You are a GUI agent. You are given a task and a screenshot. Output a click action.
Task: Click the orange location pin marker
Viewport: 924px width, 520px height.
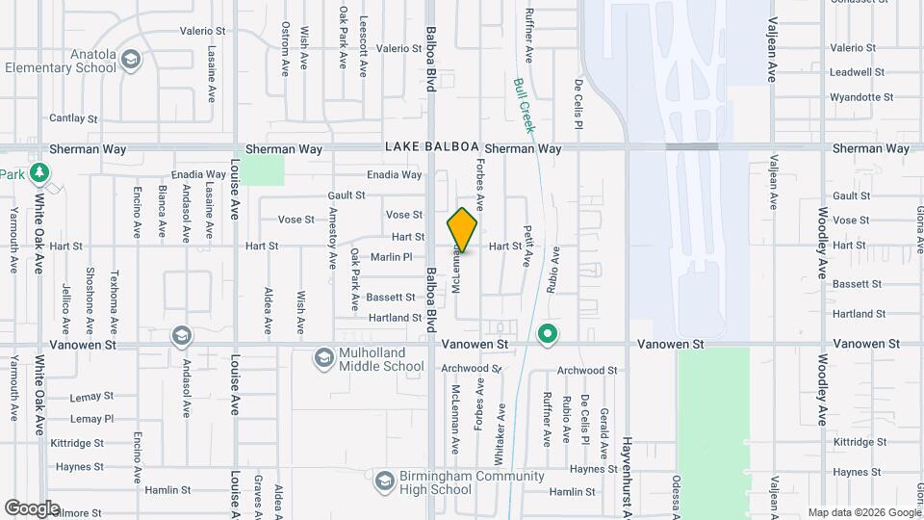[463, 230]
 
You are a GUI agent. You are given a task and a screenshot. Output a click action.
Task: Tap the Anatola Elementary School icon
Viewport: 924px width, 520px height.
[130, 60]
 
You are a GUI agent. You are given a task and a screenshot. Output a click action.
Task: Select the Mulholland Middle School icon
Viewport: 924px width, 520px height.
[324, 359]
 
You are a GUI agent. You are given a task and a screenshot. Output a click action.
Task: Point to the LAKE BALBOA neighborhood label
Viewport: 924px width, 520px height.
[431, 147]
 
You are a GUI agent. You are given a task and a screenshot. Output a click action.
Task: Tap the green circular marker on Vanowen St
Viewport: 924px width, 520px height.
[548, 334]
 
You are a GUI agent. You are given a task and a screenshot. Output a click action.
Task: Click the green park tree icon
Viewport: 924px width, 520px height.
[39, 173]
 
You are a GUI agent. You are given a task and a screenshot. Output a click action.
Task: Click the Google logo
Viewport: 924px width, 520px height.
[32, 507]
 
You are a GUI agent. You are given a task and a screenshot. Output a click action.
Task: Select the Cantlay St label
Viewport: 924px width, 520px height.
[74, 118]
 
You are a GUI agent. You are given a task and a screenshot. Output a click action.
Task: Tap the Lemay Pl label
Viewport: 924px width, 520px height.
[92, 419]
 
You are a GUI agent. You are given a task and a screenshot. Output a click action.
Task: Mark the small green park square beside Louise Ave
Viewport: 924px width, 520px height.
[262, 169]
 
